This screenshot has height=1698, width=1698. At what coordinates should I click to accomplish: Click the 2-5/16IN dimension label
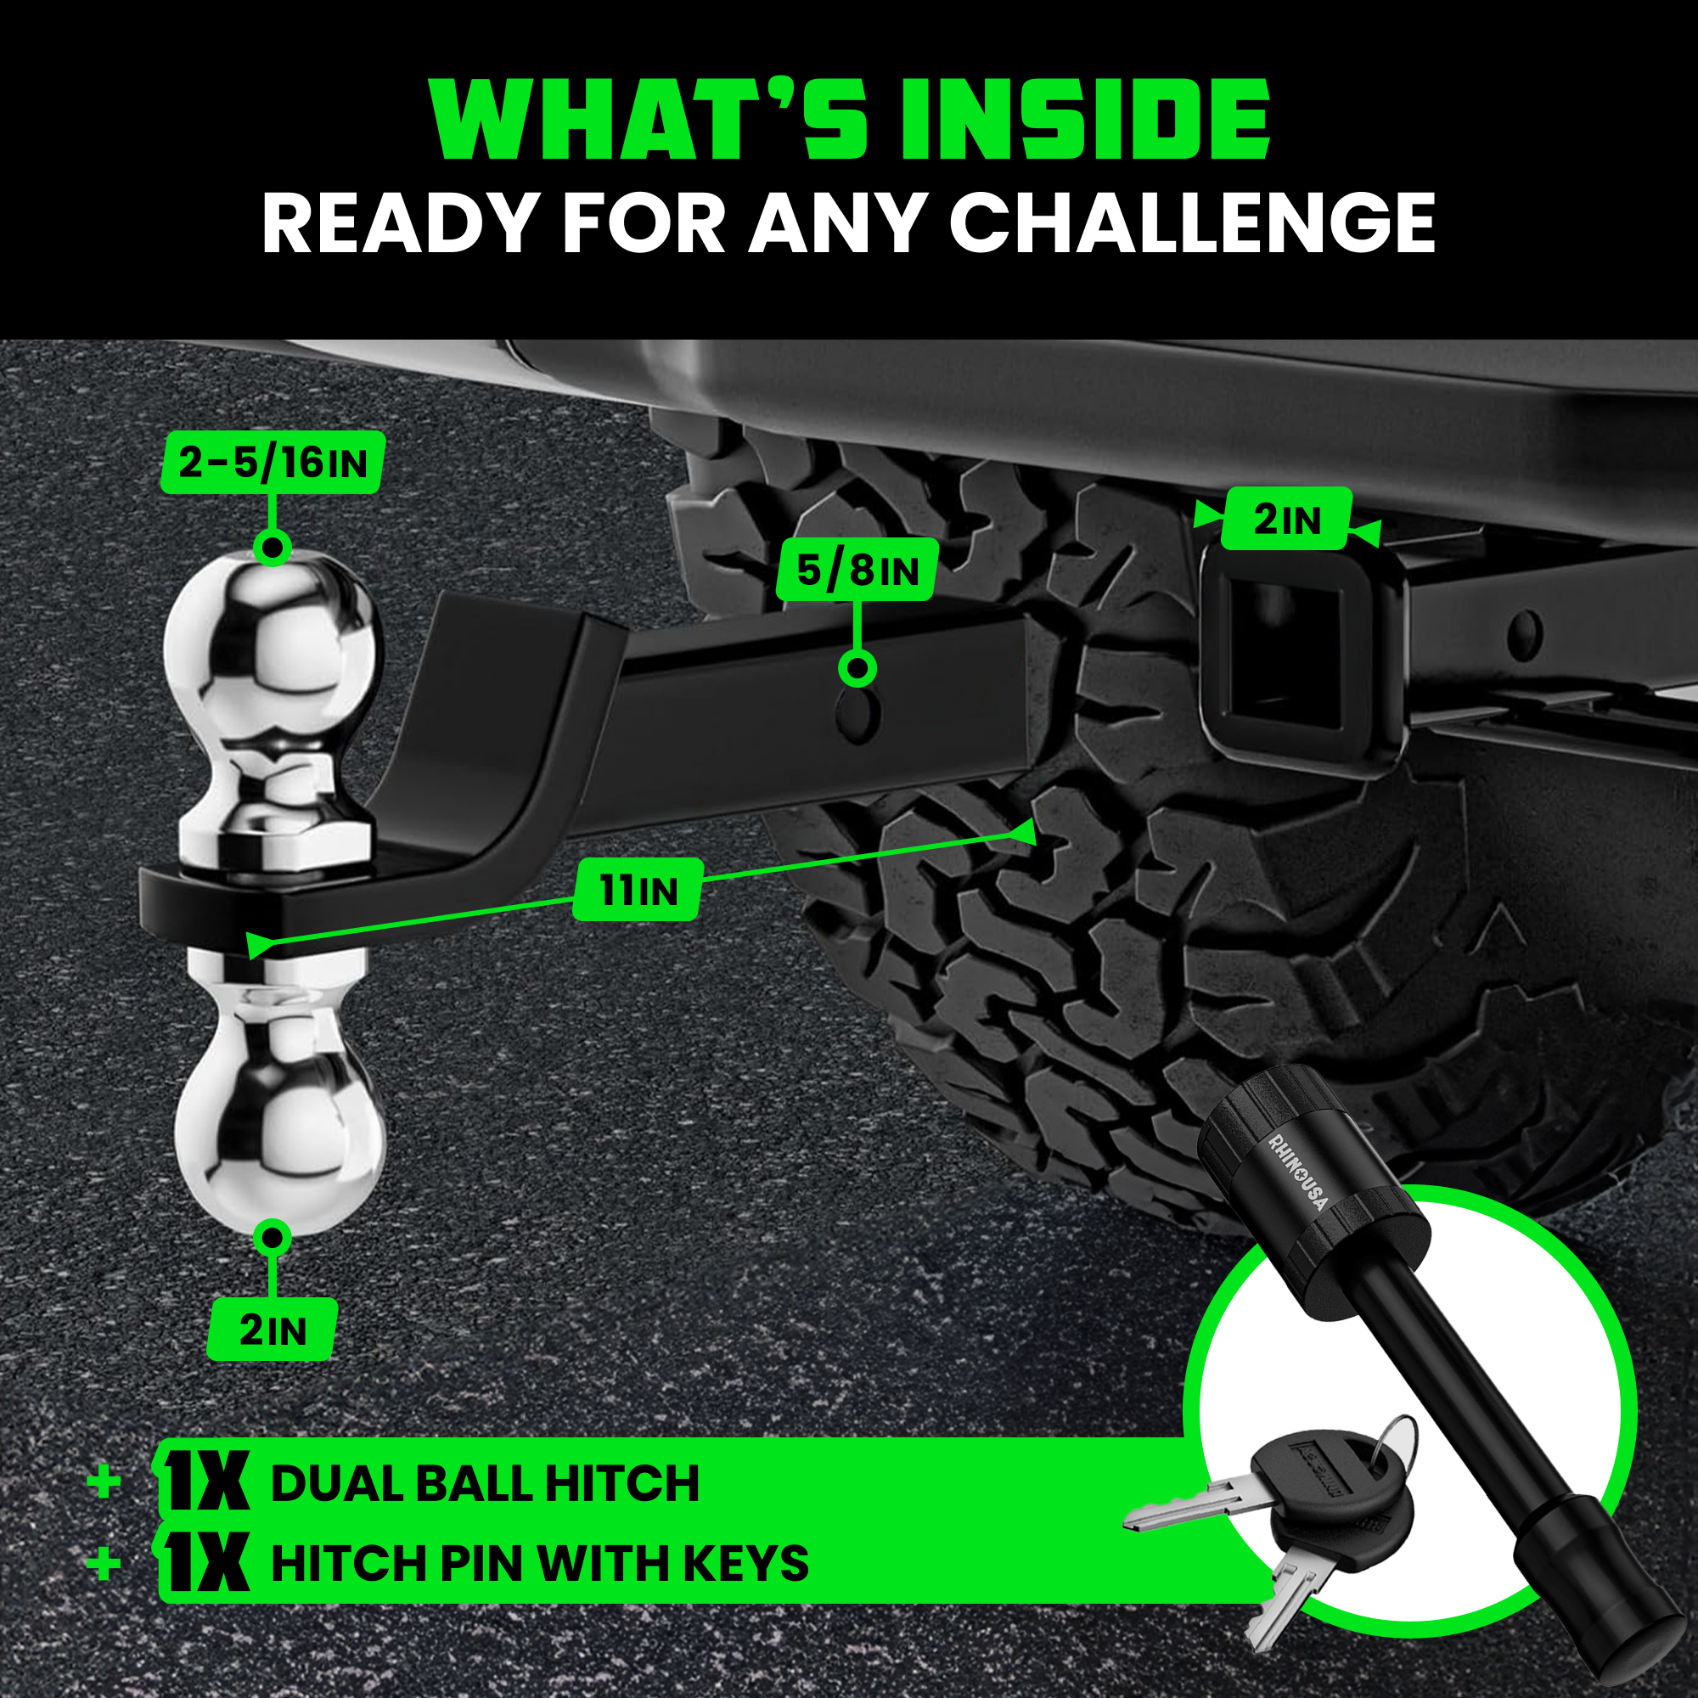tap(273, 463)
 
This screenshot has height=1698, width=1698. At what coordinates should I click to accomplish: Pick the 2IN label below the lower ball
tap(273, 1330)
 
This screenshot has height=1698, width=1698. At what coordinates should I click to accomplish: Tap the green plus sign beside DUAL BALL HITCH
tap(104, 1482)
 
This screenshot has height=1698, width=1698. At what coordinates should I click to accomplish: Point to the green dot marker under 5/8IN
tap(857, 669)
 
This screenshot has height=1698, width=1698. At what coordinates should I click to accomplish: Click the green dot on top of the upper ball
tap(273, 548)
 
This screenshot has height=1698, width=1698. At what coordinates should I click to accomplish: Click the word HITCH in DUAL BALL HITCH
tap(621, 1483)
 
